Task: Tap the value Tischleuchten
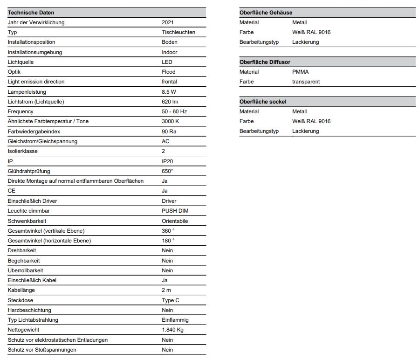(x=178, y=32)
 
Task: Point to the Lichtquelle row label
(x=21, y=62)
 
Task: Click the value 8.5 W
(x=169, y=92)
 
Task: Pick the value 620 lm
(x=170, y=102)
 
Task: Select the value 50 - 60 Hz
(x=174, y=111)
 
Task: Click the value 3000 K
(x=170, y=121)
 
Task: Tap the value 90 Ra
(x=169, y=132)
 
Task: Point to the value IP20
(x=167, y=161)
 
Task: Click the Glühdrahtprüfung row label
(x=29, y=171)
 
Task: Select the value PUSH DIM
(x=175, y=211)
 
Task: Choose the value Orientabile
(x=175, y=221)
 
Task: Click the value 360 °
(x=168, y=231)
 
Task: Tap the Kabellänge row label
(x=21, y=290)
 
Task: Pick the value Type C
(x=171, y=300)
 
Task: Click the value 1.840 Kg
(x=173, y=330)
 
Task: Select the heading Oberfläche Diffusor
(x=265, y=62)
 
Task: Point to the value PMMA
(x=300, y=72)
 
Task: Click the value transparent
(x=306, y=82)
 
